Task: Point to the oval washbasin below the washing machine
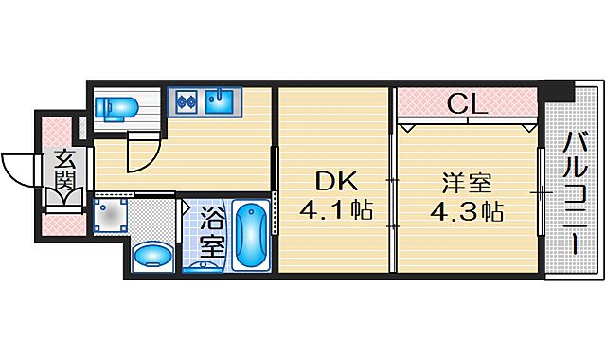click(x=151, y=256)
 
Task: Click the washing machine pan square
click(x=112, y=216)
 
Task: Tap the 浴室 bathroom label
click(x=212, y=235)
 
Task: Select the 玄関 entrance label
click(x=62, y=172)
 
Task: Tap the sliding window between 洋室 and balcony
click(x=540, y=193)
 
